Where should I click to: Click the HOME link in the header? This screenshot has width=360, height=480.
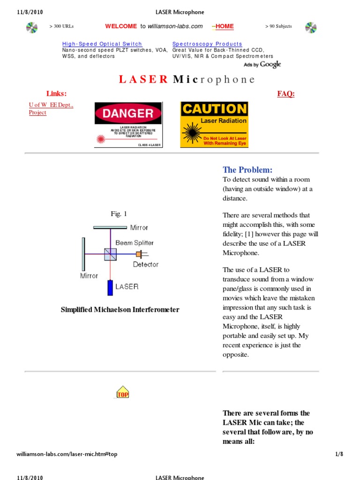pos(224,26)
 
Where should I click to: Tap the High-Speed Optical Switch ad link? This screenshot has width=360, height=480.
pos(102,44)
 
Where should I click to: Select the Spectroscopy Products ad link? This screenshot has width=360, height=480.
pos(207,44)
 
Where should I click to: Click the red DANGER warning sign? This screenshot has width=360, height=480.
pos(128,125)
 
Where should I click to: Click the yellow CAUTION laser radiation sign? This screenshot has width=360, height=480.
pos(214,125)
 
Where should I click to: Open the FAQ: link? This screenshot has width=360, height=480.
pos(285,94)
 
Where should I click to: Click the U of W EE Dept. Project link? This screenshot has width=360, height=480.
pos(51,109)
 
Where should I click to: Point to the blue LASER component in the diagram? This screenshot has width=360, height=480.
pos(110,287)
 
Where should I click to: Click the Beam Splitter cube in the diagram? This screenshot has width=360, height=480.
pos(111,255)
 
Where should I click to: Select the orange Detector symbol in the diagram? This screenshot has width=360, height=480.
pos(139,254)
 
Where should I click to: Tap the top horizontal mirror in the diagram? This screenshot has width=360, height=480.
pos(110,228)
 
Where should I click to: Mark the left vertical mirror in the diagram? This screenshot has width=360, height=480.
pos(83,254)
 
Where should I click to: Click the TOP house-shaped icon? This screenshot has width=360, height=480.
pos(122,392)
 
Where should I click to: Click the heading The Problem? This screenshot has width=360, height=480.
pos(247,170)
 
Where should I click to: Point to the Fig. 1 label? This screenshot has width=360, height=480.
pos(119,214)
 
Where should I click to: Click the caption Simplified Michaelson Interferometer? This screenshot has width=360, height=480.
pos(120,310)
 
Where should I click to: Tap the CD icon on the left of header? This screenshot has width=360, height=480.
pos(32,28)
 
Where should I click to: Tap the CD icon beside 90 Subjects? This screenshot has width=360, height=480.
pos(311,28)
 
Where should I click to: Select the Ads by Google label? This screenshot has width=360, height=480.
pos(262,65)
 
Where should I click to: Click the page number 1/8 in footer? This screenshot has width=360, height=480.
pos(339,454)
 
